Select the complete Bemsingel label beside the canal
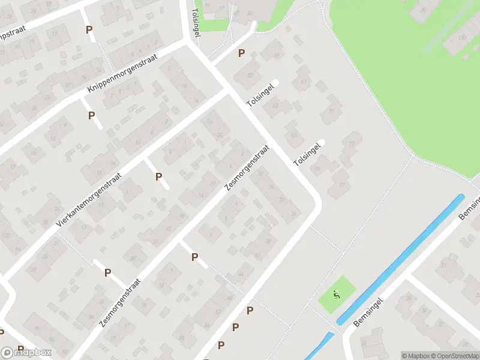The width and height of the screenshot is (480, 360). [x=368, y=311]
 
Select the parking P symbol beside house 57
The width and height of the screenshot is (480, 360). [x=241, y=53]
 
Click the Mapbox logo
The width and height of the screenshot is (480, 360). [x=27, y=353]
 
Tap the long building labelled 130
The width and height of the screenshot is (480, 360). [x=462, y=37]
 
